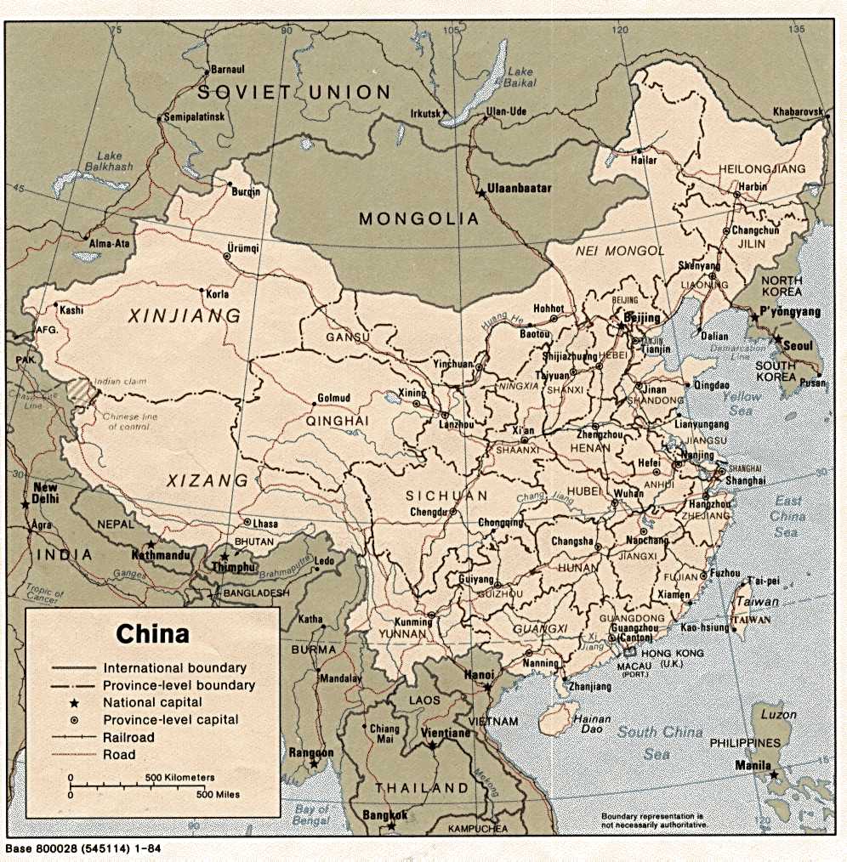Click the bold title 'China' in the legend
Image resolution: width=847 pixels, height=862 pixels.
click(x=152, y=634)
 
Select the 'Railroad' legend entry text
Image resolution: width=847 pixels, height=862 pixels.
click(x=129, y=737)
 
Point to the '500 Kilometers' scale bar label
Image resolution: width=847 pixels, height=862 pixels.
click(x=179, y=777)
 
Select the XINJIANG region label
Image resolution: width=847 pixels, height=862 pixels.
click(x=185, y=316)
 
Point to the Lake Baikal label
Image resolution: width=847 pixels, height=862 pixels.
click(x=520, y=77)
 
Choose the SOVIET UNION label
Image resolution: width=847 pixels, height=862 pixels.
click(x=294, y=92)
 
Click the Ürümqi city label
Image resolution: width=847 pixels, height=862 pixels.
click(x=241, y=248)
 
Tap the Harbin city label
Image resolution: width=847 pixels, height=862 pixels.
click(x=752, y=187)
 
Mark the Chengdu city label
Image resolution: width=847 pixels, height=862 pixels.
click(x=428, y=512)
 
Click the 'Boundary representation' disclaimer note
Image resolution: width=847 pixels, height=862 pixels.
click(x=653, y=820)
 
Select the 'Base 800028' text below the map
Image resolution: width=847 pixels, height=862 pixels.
click(x=82, y=848)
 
